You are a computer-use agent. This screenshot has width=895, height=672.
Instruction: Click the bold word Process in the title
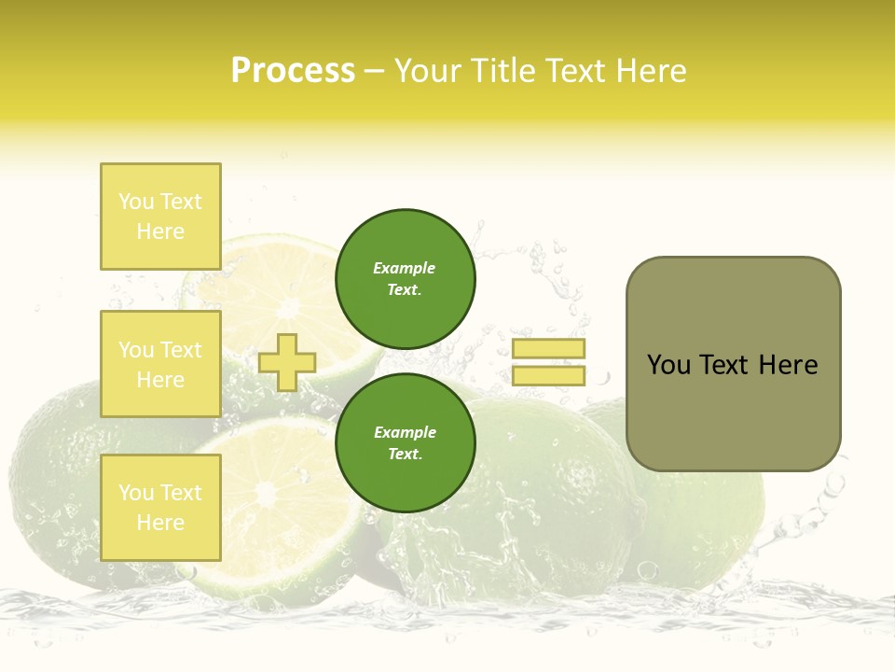coord(293,71)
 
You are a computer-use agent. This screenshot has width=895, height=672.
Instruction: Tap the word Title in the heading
coord(502,71)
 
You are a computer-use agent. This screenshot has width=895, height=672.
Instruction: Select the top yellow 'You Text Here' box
coord(160,217)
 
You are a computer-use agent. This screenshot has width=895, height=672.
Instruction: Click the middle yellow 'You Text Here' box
coord(160,364)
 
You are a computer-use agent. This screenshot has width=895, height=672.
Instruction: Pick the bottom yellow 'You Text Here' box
coord(160,508)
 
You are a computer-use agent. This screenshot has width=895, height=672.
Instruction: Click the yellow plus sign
coord(287,362)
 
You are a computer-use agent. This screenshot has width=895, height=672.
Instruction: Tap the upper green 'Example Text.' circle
coord(406,279)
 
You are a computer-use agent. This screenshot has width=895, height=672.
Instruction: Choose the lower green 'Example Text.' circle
coord(406,443)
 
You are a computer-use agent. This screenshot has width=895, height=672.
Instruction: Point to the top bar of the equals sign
coord(548,349)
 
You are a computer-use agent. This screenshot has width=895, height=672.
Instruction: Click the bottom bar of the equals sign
coord(548,375)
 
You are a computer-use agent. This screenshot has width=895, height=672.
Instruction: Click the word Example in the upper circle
coord(405,268)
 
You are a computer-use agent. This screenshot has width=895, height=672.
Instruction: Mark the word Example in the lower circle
coord(405,432)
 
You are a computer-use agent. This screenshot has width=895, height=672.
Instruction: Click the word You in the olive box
coord(668,365)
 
